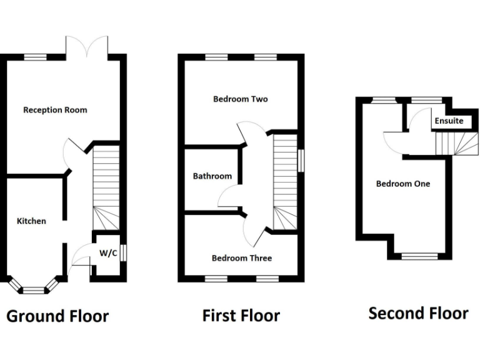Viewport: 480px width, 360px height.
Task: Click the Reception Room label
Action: [x=55, y=110]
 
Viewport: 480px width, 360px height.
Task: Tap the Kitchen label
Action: [x=31, y=221]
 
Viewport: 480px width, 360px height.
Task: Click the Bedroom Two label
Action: [x=240, y=99]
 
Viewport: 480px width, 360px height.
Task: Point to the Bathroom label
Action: [x=212, y=176]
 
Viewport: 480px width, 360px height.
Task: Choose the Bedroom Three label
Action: [x=241, y=258]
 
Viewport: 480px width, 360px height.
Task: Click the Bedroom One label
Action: [x=402, y=184]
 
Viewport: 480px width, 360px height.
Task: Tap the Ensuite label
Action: [x=449, y=121]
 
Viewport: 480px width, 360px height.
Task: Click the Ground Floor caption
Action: [x=57, y=316]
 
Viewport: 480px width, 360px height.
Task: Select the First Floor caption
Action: [x=241, y=316]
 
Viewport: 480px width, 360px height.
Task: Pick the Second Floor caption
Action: [x=418, y=312]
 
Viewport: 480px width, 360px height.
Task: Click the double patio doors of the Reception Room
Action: [x=89, y=47]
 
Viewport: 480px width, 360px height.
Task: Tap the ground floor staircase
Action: [x=106, y=187]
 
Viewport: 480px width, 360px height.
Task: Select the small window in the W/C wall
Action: [x=125, y=252]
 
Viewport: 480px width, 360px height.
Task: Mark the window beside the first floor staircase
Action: [x=302, y=159]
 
